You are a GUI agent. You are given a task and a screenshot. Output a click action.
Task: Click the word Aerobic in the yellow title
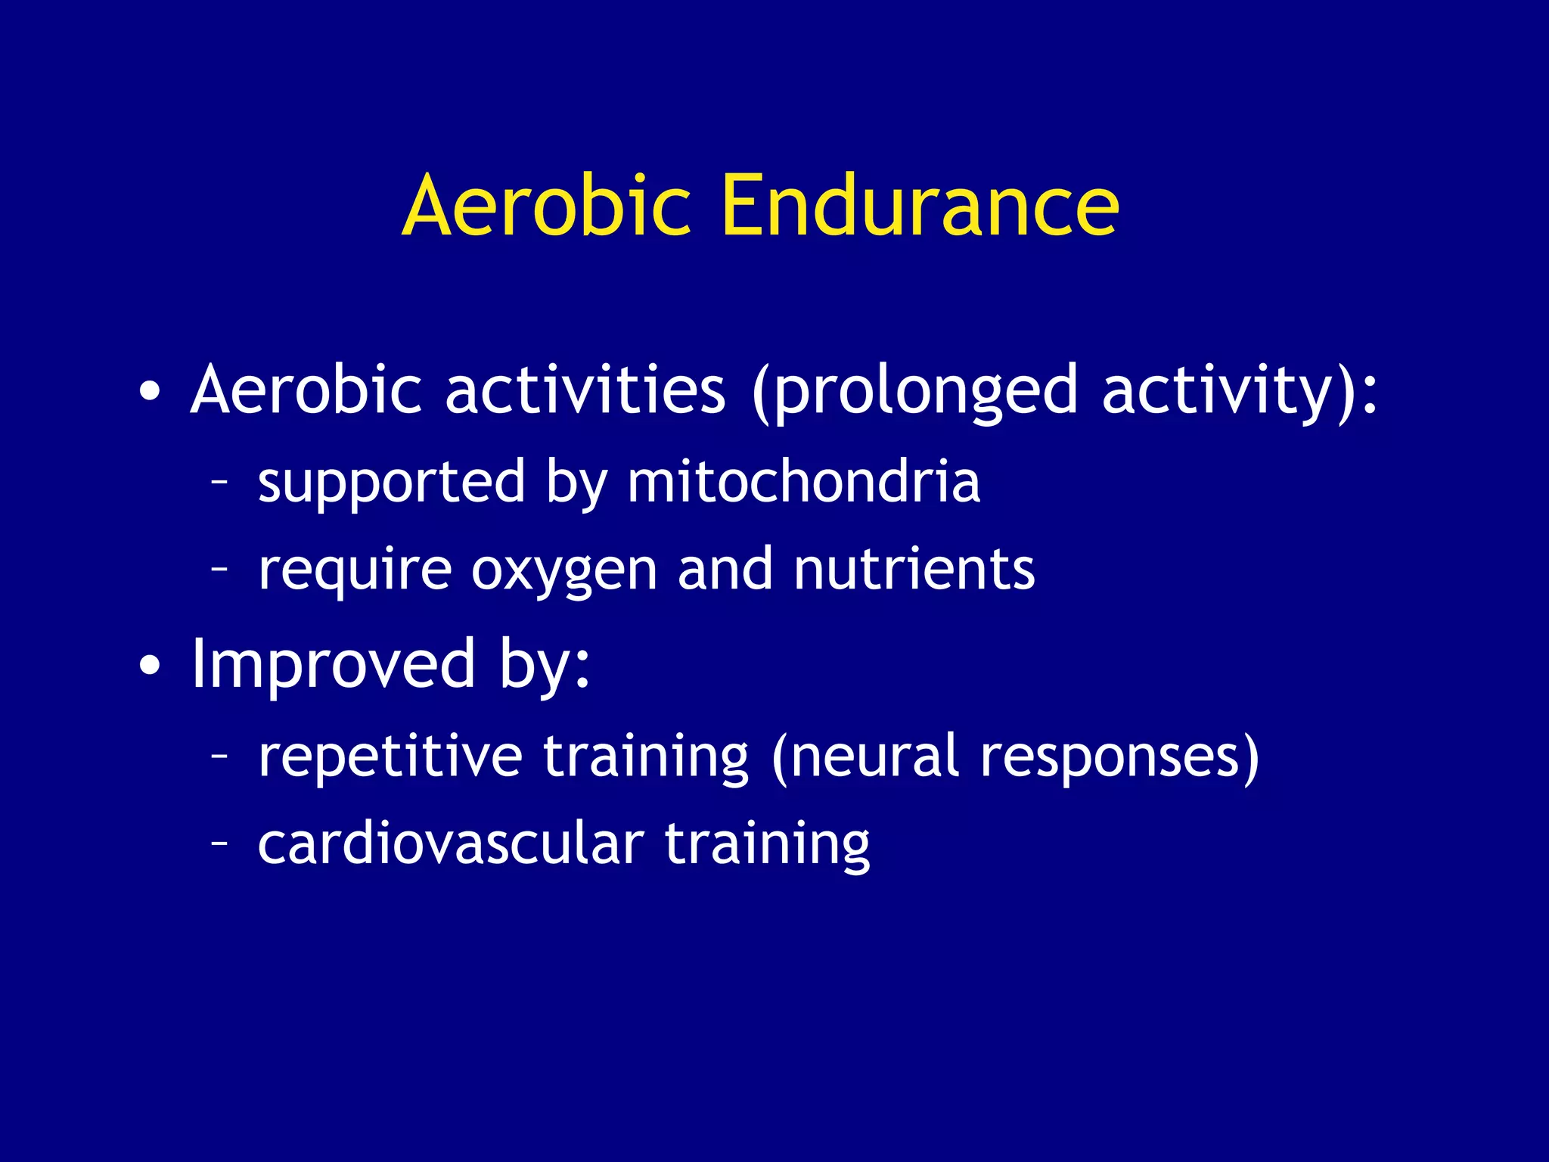[x=546, y=206]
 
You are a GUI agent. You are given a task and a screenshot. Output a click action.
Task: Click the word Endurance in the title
[x=919, y=206]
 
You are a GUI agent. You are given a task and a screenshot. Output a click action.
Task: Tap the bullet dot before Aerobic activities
[x=150, y=392]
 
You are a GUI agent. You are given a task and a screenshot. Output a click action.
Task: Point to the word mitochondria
[x=803, y=482]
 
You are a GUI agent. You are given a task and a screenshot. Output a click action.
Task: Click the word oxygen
[x=563, y=570]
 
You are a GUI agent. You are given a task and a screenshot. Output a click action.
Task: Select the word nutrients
[x=914, y=569]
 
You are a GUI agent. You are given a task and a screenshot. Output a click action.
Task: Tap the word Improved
[x=333, y=664]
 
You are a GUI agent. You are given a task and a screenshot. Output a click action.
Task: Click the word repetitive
[x=390, y=757]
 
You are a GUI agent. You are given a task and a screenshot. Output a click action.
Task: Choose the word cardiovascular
[x=450, y=844]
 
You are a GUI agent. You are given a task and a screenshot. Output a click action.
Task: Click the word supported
[x=391, y=482]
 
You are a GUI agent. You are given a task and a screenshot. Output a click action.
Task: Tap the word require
[x=354, y=570]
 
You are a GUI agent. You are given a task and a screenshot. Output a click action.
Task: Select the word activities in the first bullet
[x=585, y=390]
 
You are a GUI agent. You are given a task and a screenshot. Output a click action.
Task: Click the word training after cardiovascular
[x=767, y=845]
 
